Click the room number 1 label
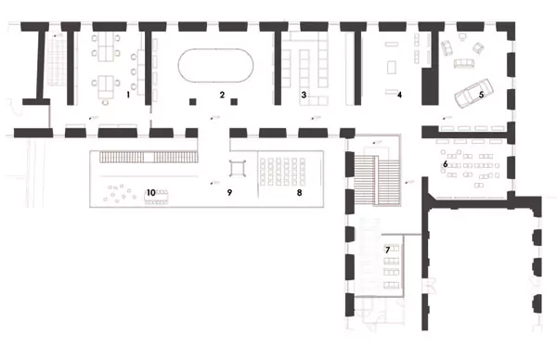[x=128, y=95]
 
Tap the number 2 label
[x=223, y=95]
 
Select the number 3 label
[x=304, y=95]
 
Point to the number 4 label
[x=399, y=95]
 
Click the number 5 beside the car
[x=481, y=95]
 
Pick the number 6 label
[x=445, y=164]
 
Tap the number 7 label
[x=387, y=250]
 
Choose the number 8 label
[x=300, y=193]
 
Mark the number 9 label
[x=229, y=193]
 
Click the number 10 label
[x=151, y=193]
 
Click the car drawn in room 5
[x=473, y=93]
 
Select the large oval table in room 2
[x=215, y=66]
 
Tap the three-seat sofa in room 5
[x=464, y=63]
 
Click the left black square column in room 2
[x=192, y=102]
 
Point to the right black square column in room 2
[x=234, y=102]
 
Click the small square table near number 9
[x=238, y=168]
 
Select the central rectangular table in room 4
[x=391, y=68]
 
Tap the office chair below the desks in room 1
[x=105, y=102]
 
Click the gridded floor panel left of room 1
[x=57, y=61]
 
